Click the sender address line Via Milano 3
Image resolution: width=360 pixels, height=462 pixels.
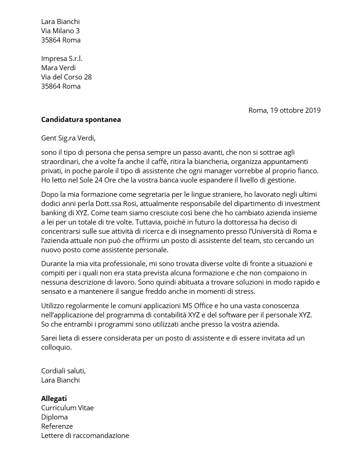(60, 31)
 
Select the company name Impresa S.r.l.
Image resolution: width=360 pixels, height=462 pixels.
(61, 59)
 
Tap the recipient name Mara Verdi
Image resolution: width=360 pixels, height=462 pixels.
(58, 68)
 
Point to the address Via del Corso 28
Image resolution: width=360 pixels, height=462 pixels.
(66, 77)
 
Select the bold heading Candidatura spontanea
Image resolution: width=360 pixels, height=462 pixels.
(81, 120)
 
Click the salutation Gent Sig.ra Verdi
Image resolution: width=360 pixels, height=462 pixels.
(68, 138)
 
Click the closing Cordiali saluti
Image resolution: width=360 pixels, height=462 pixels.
(63, 371)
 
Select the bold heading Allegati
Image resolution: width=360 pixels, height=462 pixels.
(54, 399)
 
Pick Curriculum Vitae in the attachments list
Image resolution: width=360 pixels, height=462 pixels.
(67, 408)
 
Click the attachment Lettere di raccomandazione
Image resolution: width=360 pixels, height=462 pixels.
(85, 436)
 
